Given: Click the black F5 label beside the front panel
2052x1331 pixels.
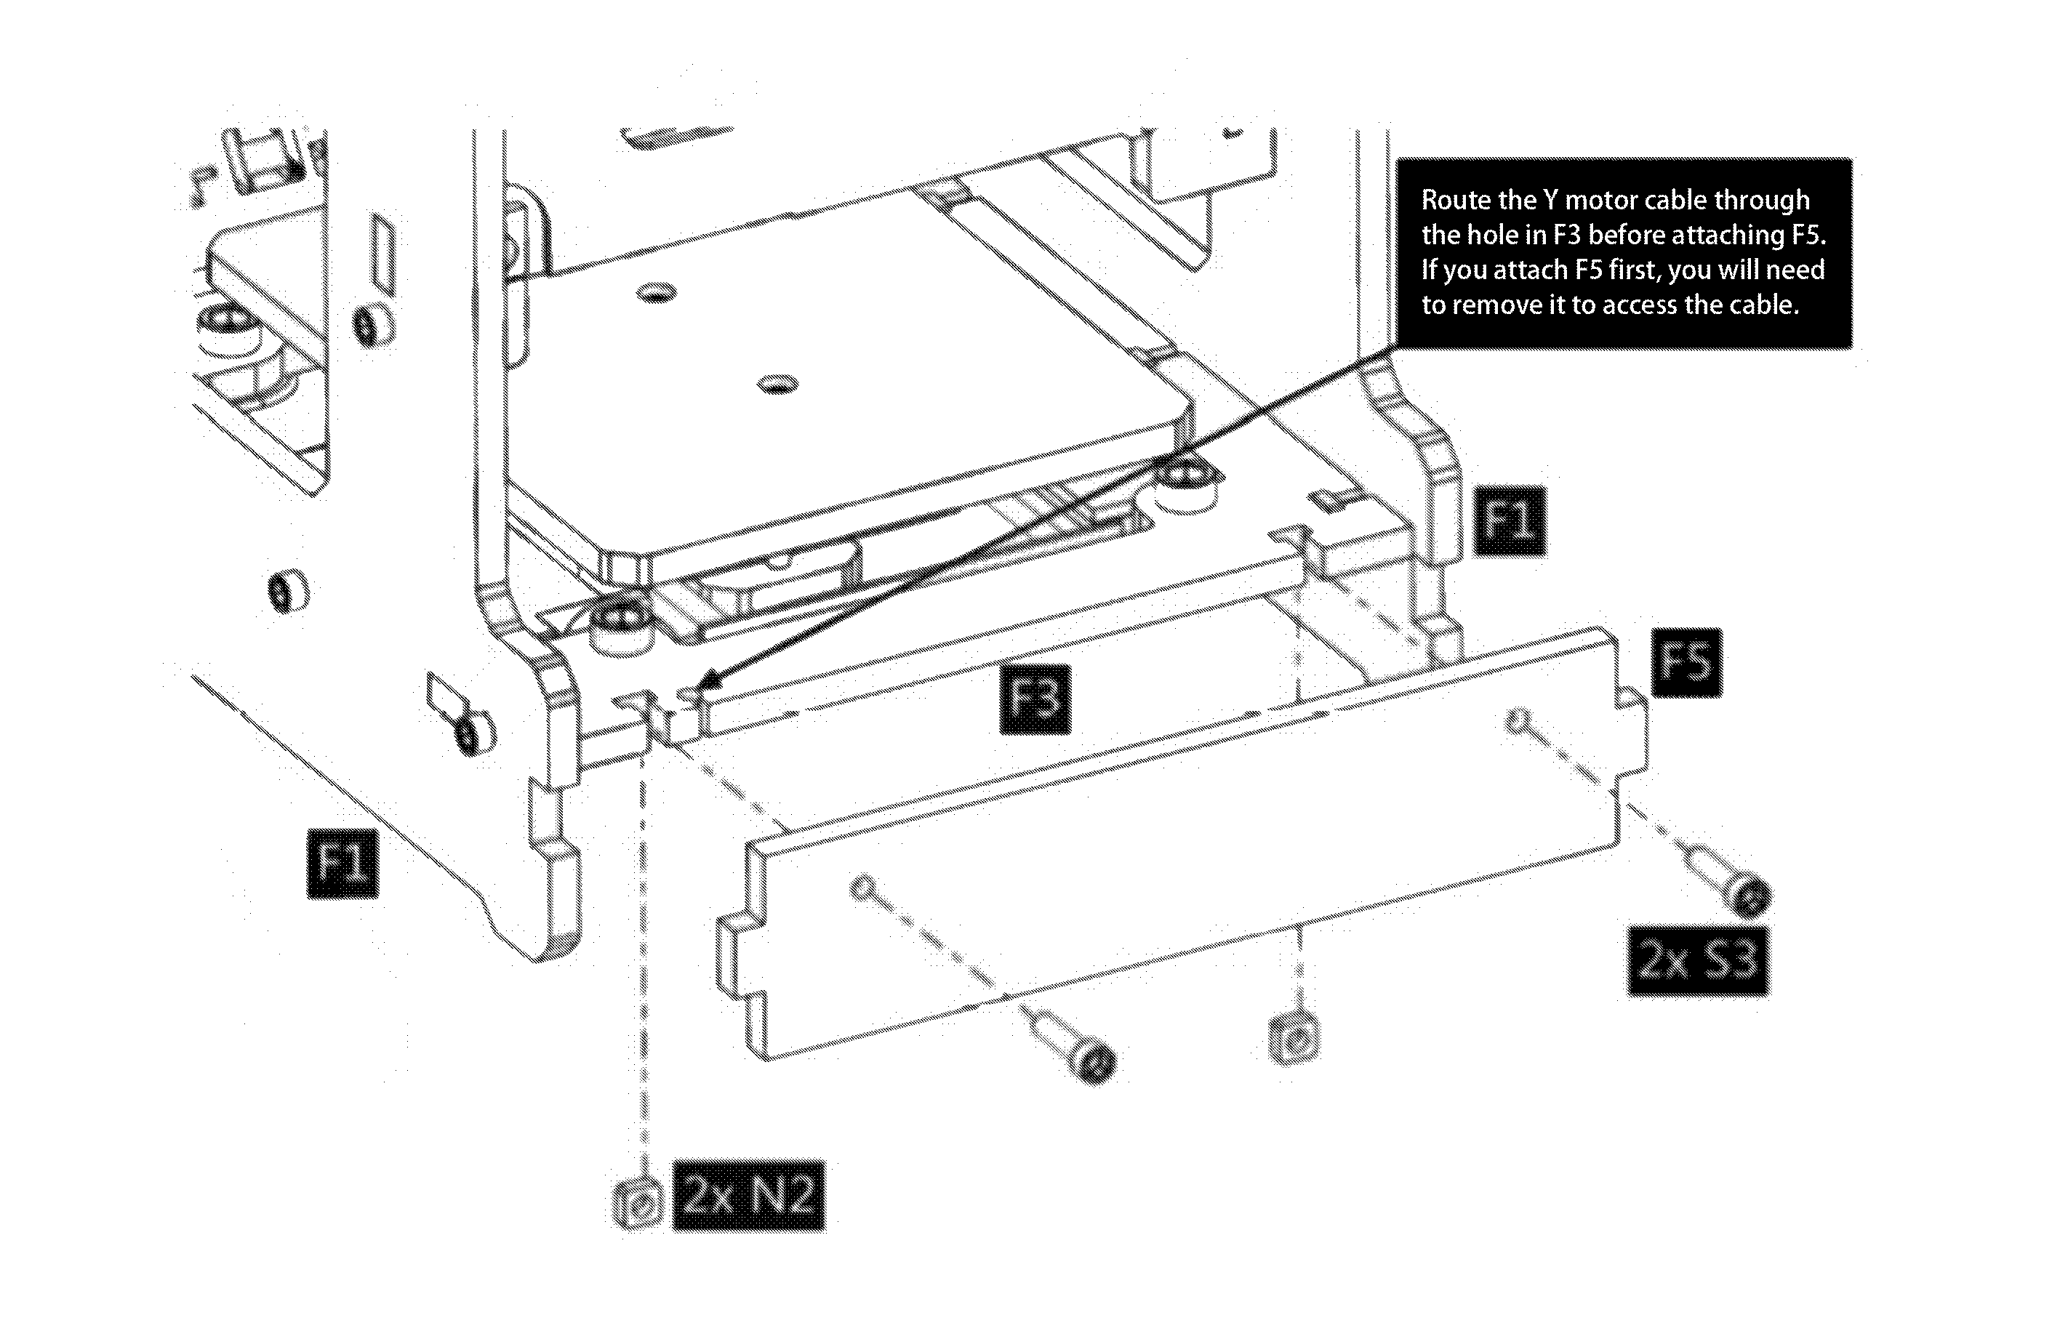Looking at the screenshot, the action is pos(1687,662).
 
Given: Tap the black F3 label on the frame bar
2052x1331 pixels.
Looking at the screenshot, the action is pos(1035,699).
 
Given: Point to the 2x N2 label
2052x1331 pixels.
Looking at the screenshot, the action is pos(749,1195).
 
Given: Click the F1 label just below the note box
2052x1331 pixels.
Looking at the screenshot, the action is pos(1510,520).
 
